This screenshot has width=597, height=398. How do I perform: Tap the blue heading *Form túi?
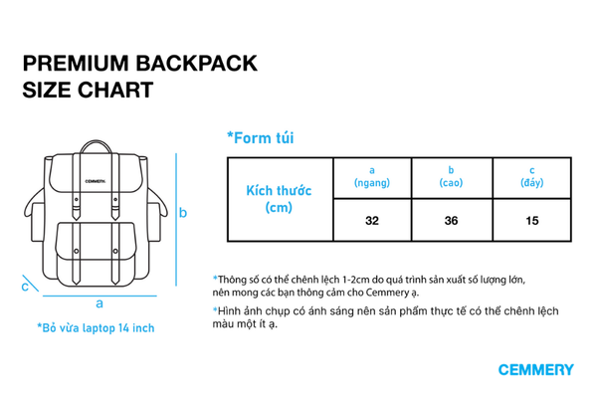(260, 138)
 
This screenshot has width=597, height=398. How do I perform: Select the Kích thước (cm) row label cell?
(279, 198)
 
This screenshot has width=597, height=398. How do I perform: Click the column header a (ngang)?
(371, 177)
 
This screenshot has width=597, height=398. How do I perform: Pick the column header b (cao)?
(451, 177)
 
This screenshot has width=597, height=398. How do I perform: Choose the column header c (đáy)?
(531, 177)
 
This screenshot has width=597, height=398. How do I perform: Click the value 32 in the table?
(371, 220)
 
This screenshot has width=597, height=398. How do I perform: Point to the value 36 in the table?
(451, 220)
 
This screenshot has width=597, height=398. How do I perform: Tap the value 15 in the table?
(531, 220)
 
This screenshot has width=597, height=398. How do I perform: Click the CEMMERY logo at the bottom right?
(535, 370)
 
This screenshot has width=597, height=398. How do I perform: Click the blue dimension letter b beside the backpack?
(183, 212)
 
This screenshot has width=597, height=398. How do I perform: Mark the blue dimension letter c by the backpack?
(25, 287)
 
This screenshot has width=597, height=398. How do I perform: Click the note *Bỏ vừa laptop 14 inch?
(96, 327)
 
